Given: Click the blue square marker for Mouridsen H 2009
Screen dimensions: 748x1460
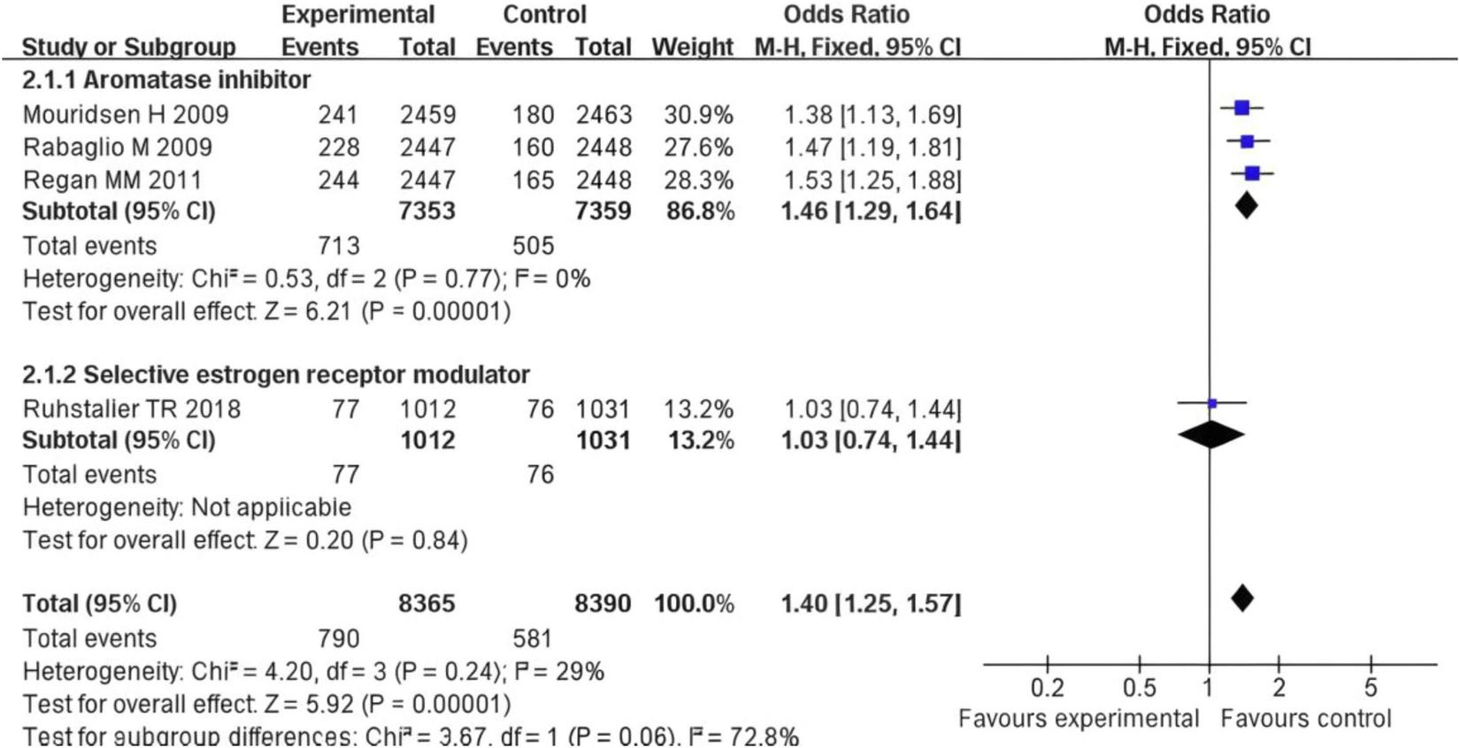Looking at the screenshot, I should coord(1241,108).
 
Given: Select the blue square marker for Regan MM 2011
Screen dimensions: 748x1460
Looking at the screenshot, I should coord(1252,174).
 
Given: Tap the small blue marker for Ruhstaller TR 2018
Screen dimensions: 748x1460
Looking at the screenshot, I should coord(1212,403).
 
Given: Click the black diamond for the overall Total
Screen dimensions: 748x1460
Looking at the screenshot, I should coord(1242,599).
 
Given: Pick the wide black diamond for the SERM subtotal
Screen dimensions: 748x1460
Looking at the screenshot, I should coord(1211,435).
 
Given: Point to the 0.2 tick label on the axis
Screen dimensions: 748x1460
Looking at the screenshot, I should coord(1047,688).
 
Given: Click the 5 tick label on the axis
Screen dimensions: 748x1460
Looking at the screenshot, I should coord(1371,688).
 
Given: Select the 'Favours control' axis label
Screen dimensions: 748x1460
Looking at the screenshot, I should coord(1306,719).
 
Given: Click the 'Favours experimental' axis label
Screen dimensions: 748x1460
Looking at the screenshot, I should coord(1079,719).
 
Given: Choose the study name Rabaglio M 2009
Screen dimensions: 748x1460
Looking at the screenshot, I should coord(117,147).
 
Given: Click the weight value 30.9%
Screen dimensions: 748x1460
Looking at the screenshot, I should coord(698,115).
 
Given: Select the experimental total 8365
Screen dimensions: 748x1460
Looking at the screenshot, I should coord(426,604).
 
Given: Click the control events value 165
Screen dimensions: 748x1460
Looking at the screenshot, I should coord(533,180).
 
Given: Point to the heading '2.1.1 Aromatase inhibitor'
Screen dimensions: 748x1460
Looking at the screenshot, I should coord(166,80).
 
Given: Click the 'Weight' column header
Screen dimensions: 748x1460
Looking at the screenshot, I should coord(692,47).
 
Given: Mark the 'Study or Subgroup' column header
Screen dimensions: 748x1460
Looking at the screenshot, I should coord(128,47).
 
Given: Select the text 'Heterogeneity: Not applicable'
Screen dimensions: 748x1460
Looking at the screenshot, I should coord(187,508).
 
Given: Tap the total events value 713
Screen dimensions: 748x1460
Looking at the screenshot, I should coord(338,246).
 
